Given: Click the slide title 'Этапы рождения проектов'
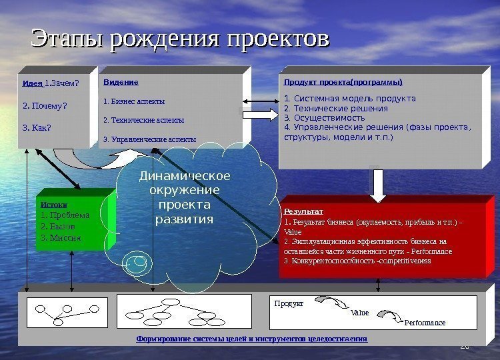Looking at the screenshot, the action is [181, 39].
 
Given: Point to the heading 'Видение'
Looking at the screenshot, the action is [121, 82].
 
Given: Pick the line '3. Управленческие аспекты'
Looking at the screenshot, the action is [149, 139].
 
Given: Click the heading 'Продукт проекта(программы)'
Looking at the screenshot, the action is [343, 83].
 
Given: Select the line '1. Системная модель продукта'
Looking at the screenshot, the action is [349, 99].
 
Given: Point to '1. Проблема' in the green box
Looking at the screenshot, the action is [65, 215].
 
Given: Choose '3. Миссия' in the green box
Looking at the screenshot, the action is [61, 237].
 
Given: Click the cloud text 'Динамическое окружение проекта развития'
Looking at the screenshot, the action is [184, 197].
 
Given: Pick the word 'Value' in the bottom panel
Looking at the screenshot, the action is [359, 313].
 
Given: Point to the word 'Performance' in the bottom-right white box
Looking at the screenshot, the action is [425, 323].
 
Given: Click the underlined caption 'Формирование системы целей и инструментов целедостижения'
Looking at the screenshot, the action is [252, 339].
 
